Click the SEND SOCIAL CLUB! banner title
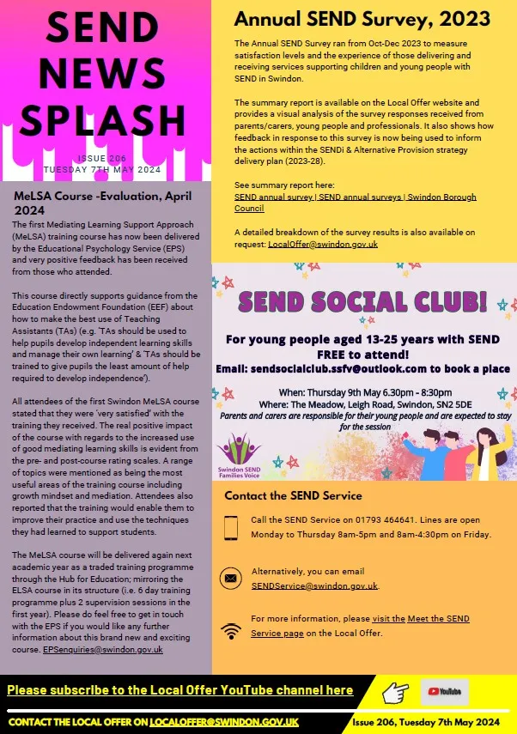(362, 301)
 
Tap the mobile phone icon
(230, 527)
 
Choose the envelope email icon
(230, 578)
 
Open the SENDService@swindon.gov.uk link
(314, 585)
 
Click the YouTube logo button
(444, 690)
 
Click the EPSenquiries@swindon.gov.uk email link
(102, 650)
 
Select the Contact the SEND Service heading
(293, 495)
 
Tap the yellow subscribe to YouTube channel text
(180, 690)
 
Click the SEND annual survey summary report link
(355, 203)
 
